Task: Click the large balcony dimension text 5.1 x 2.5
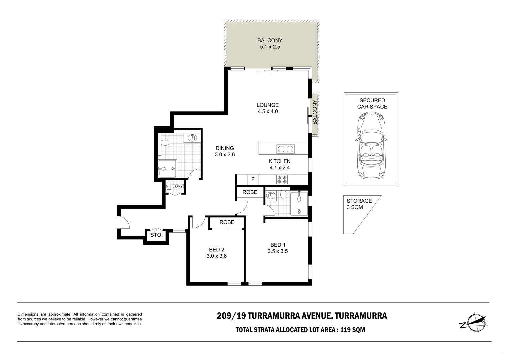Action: [270, 47]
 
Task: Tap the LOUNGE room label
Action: [267, 105]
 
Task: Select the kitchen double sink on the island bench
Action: [285, 149]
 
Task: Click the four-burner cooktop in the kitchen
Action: [282, 180]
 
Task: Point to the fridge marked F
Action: [253, 180]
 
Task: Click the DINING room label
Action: [225, 148]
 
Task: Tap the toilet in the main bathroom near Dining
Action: [164, 143]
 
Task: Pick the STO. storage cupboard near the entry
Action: [156, 235]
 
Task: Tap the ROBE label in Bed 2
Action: [227, 222]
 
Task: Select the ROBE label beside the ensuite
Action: [250, 192]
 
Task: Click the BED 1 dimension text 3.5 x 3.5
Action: [277, 251]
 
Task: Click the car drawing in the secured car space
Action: [371, 145]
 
